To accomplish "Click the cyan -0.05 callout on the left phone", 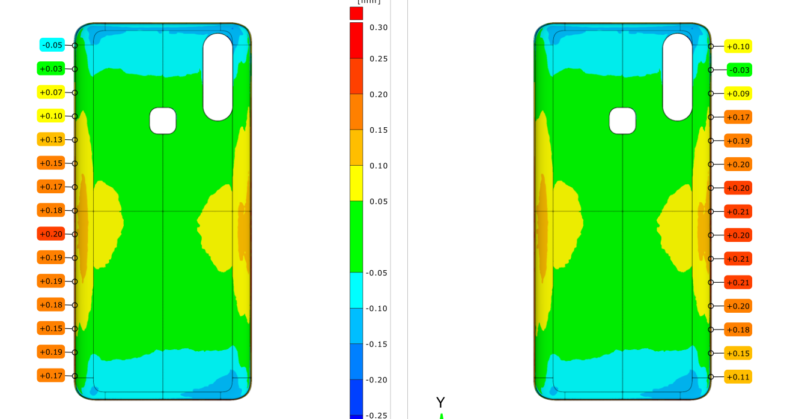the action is (52, 45).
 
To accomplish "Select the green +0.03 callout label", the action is (51, 68).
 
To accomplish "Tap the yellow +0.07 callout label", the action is (51, 92).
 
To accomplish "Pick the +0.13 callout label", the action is (51, 139).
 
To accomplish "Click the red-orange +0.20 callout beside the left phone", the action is (51, 234).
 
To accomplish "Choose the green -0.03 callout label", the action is (739, 70).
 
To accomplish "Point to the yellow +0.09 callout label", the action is (738, 94).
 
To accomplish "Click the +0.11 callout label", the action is (738, 377).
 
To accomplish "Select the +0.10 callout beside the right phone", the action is (738, 46).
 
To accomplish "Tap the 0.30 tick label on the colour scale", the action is (378, 28).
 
